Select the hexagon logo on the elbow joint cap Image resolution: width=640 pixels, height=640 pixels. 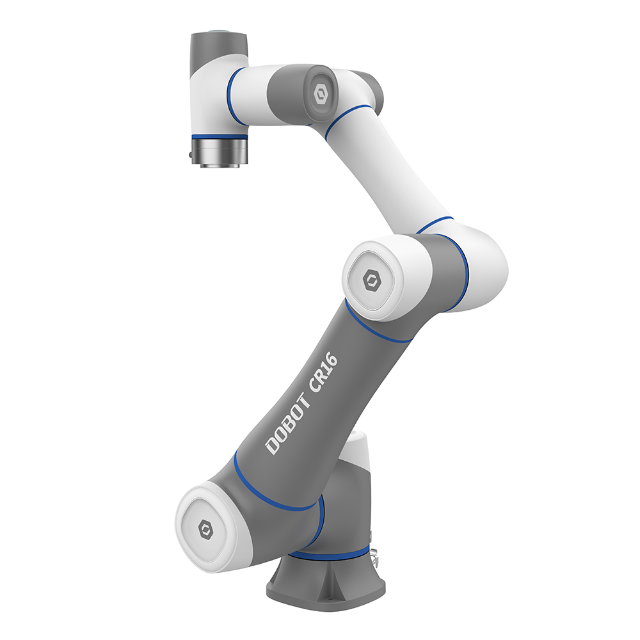click(x=371, y=280)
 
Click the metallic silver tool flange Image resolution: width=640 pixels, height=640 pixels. click(x=221, y=154)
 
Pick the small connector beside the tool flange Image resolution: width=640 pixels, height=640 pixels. click(x=190, y=154)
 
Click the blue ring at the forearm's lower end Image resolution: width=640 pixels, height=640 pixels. click(x=435, y=224)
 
